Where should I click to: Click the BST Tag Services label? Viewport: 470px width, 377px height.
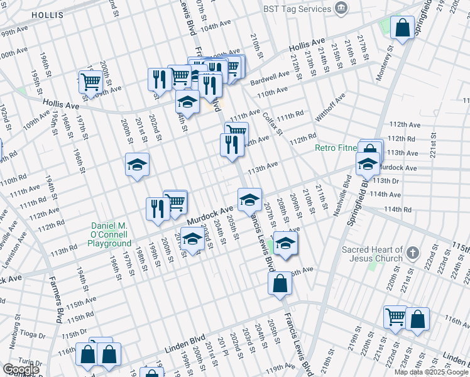[x=298, y=9]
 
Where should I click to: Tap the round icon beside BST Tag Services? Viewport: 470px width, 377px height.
[x=341, y=8]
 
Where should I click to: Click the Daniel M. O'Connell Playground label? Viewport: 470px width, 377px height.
[x=110, y=234]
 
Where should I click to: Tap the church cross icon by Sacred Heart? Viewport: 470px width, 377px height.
[x=412, y=253]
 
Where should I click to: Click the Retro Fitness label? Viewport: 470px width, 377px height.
[x=336, y=148]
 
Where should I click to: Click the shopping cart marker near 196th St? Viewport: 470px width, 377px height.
[x=91, y=82]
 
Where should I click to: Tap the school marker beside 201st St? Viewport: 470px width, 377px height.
[x=137, y=165]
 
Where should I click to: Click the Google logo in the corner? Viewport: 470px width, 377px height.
[x=21, y=369]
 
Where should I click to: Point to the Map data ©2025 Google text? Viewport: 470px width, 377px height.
[x=431, y=372]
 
